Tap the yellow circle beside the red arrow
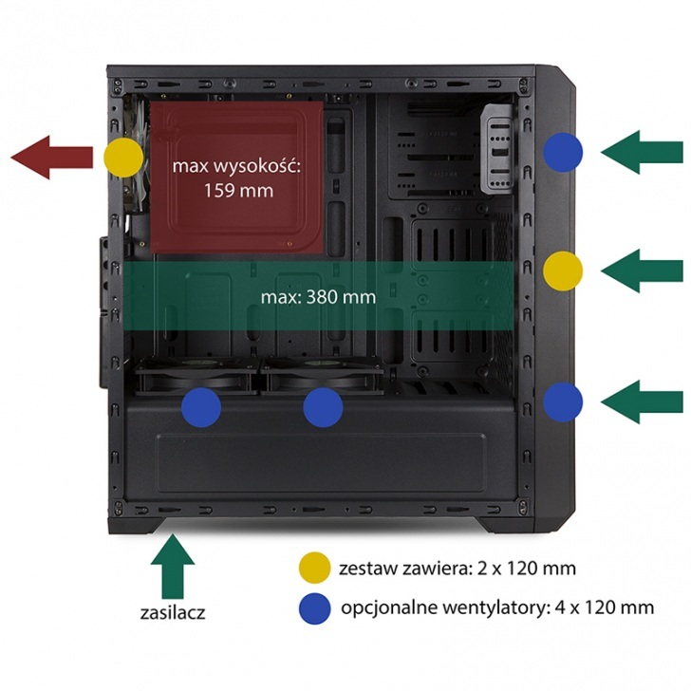click(x=124, y=156)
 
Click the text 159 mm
click(x=237, y=190)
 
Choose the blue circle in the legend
click(x=314, y=607)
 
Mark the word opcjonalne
click(x=385, y=607)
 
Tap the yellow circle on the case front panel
click(x=563, y=271)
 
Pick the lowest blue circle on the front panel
click(x=563, y=401)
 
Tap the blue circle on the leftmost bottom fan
click(x=201, y=407)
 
